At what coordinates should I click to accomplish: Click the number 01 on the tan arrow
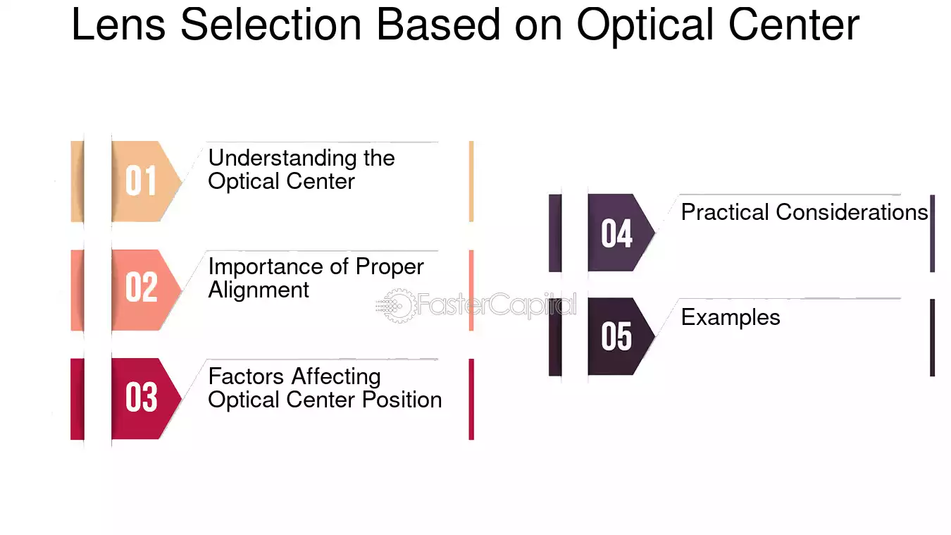pyautogui.click(x=141, y=181)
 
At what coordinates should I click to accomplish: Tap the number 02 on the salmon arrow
pyautogui.click(x=141, y=288)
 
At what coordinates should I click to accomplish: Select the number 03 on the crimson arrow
pyautogui.click(x=141, y=397)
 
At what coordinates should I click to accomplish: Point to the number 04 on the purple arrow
pyautogui.click(x=616, y=233)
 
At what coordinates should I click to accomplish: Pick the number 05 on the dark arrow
pyautogui.click(x=616, y=336)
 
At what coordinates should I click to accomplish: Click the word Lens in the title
pyautogui.click(x=118, y=25)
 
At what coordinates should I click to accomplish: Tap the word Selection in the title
pyautogui.click(x=271, y=25)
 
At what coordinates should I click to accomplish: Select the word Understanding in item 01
pyautogui.click(x=282, y=158)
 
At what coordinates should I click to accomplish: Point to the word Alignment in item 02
pyautogui.click(x=259, y=290)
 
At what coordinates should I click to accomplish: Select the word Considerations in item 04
pyautogui.click(x=852, y=212)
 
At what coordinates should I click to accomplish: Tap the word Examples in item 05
pyautogui.click(x=731, y=317)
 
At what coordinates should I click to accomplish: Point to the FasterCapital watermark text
pyautogui.click(x=497, y=305)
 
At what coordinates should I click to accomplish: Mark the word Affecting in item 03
pyautogui.click(x=336, y=377)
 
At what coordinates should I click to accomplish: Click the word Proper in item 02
pyautogui.click(x=390, y=268)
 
